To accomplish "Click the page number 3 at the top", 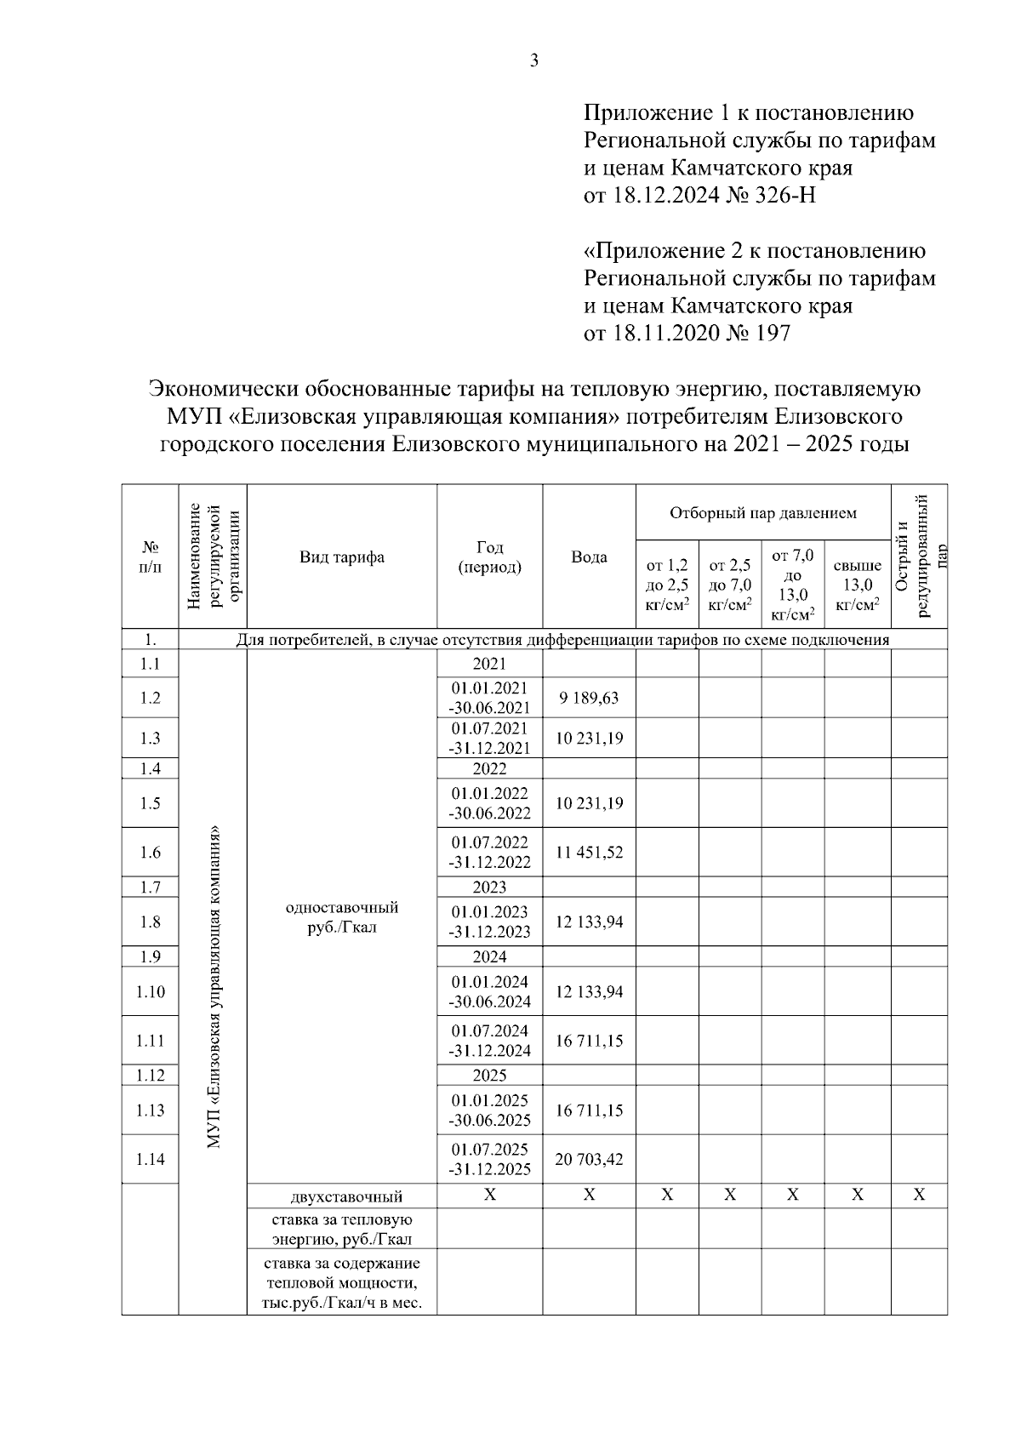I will [x=534, y=60].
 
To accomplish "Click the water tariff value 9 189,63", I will [x=589, y=698].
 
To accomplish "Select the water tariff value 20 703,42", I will [x=589, y=1159].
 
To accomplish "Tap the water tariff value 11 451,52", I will [x=589, y=852].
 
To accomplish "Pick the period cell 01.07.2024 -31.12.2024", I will [x=490, y=1041].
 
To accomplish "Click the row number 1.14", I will [x=150, y=1159].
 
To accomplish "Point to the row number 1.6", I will [x=150, y=852].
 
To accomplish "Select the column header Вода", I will [x=589, y=557].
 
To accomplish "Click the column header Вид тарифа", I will [x=341, y=557].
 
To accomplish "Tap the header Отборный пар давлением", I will [x=762, y=513].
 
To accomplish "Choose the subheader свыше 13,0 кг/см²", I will [x=857, y=585].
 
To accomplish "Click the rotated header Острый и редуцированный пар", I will [x=919, y=557].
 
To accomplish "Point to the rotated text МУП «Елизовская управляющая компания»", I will [x=213, y=987].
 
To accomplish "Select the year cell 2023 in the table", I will [x=489, y=888].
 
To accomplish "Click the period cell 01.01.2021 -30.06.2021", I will [x=490, y=698].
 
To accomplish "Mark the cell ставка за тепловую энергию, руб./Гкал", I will [x=342, y=1230].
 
